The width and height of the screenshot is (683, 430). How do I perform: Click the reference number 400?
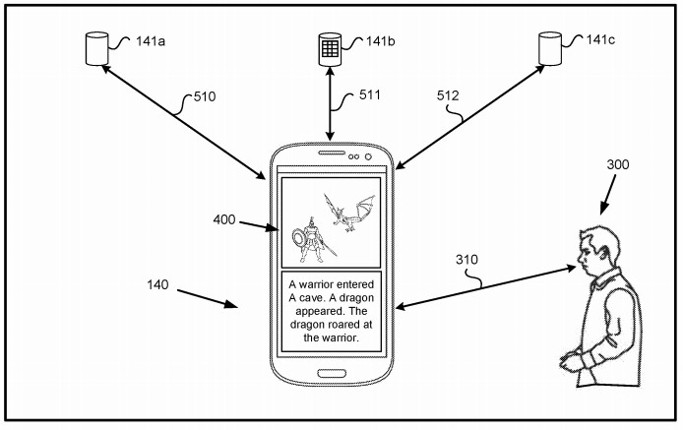click(x=223, y=219)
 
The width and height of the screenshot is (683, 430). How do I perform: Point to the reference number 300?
click(x=617, y=164)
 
